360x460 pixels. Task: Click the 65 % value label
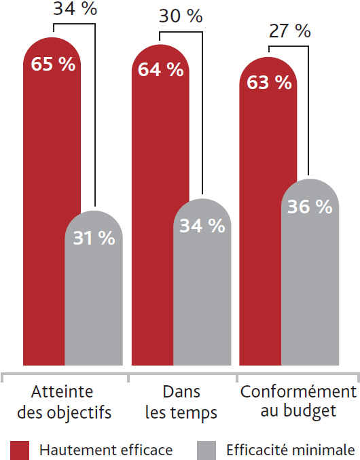click(x=53, y=64)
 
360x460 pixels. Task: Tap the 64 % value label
click(x=161, y=70)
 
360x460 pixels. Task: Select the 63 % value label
click(x=269, y=82)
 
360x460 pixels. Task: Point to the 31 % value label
click(x=94, y=238)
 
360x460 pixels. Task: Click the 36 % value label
click(x=310, y=207)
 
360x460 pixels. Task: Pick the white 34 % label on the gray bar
click(x=202, y=226)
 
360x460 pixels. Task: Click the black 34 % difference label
click(x=75, y=8)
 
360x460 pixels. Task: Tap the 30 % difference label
click(x=181, y=16)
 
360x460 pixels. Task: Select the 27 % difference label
click(x=289, y=31)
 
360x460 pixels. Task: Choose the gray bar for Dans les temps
click(x=202, y=282)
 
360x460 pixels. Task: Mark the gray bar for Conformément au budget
click(x=310, y=272)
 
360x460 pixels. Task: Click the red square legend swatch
click(x=20, y=450)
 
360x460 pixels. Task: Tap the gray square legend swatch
click(x=206, y=450)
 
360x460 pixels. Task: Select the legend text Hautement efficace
click(x=106, y=450)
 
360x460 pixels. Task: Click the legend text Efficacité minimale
click(x=291, y=450)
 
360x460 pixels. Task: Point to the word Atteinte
click(x=62, y=391)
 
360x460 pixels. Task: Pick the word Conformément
click(x=298, y=391)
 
